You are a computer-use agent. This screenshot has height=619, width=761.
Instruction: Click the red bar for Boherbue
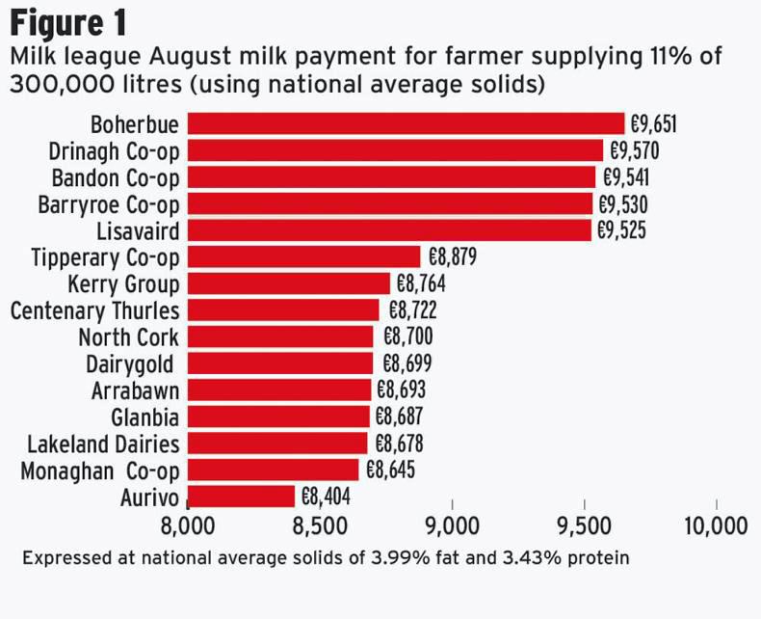[406, 123]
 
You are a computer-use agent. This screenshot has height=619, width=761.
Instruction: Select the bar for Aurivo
[241, 497]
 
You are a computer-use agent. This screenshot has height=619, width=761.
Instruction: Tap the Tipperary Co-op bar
[303, 256]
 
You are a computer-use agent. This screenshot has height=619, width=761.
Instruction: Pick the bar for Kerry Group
[288, 283]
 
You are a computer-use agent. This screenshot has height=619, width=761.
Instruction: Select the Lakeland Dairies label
[103, 444]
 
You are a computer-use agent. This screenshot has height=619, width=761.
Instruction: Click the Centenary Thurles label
[94, 310]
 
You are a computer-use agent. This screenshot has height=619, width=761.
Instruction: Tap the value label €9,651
[654, 124]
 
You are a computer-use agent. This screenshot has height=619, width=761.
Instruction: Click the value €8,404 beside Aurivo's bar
[325, 497]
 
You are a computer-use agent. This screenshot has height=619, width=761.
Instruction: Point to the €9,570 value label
[633, 150]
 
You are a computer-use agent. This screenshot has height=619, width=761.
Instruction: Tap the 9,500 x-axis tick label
[584, 525]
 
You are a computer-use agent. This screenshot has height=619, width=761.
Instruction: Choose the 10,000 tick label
[716, 525]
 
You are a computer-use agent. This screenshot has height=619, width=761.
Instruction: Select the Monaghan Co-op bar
[273, 470]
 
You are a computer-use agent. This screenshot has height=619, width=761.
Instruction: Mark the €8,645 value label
[390, 470]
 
